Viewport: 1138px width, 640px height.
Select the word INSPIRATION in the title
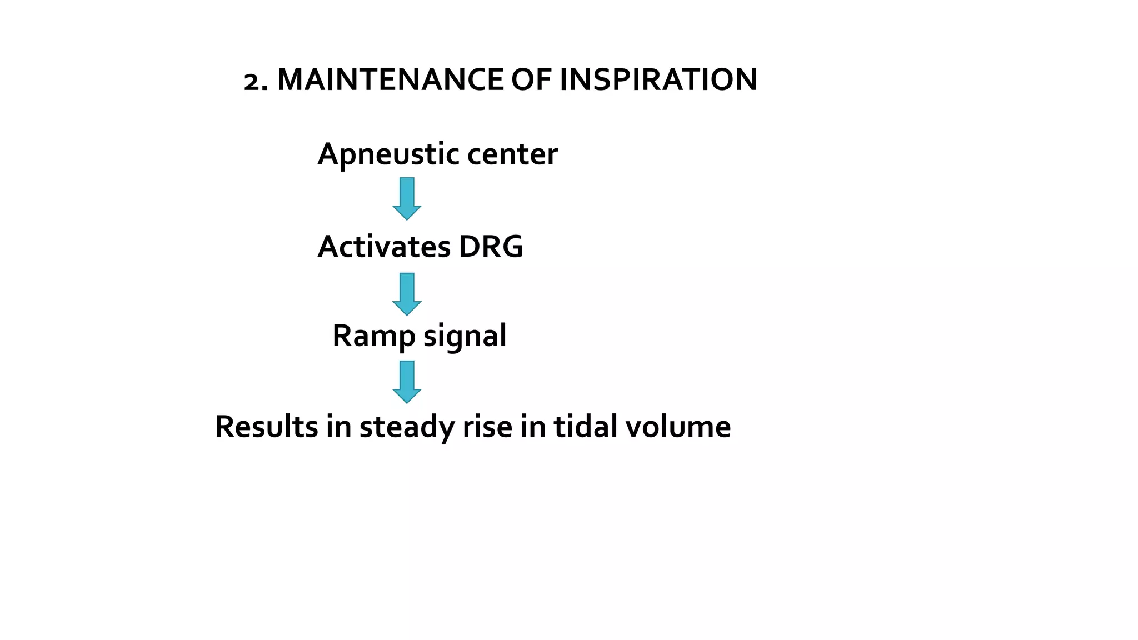[x=658, y=79]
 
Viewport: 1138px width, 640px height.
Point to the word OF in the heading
[x=531, y=79]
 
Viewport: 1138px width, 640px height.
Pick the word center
[x=512, y=154]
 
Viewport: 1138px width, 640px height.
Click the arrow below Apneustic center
[x=407, y=198]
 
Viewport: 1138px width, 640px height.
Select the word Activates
[x=383, y=246]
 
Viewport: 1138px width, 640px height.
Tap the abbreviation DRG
[x=491, y=246]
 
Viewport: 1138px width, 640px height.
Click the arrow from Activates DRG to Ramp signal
[x=407, y=294]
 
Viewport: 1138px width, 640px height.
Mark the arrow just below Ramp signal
[x=407, y=382]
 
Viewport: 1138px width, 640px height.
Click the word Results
[x=267, y=427]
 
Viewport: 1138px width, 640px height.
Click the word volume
[x=678, y=427]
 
